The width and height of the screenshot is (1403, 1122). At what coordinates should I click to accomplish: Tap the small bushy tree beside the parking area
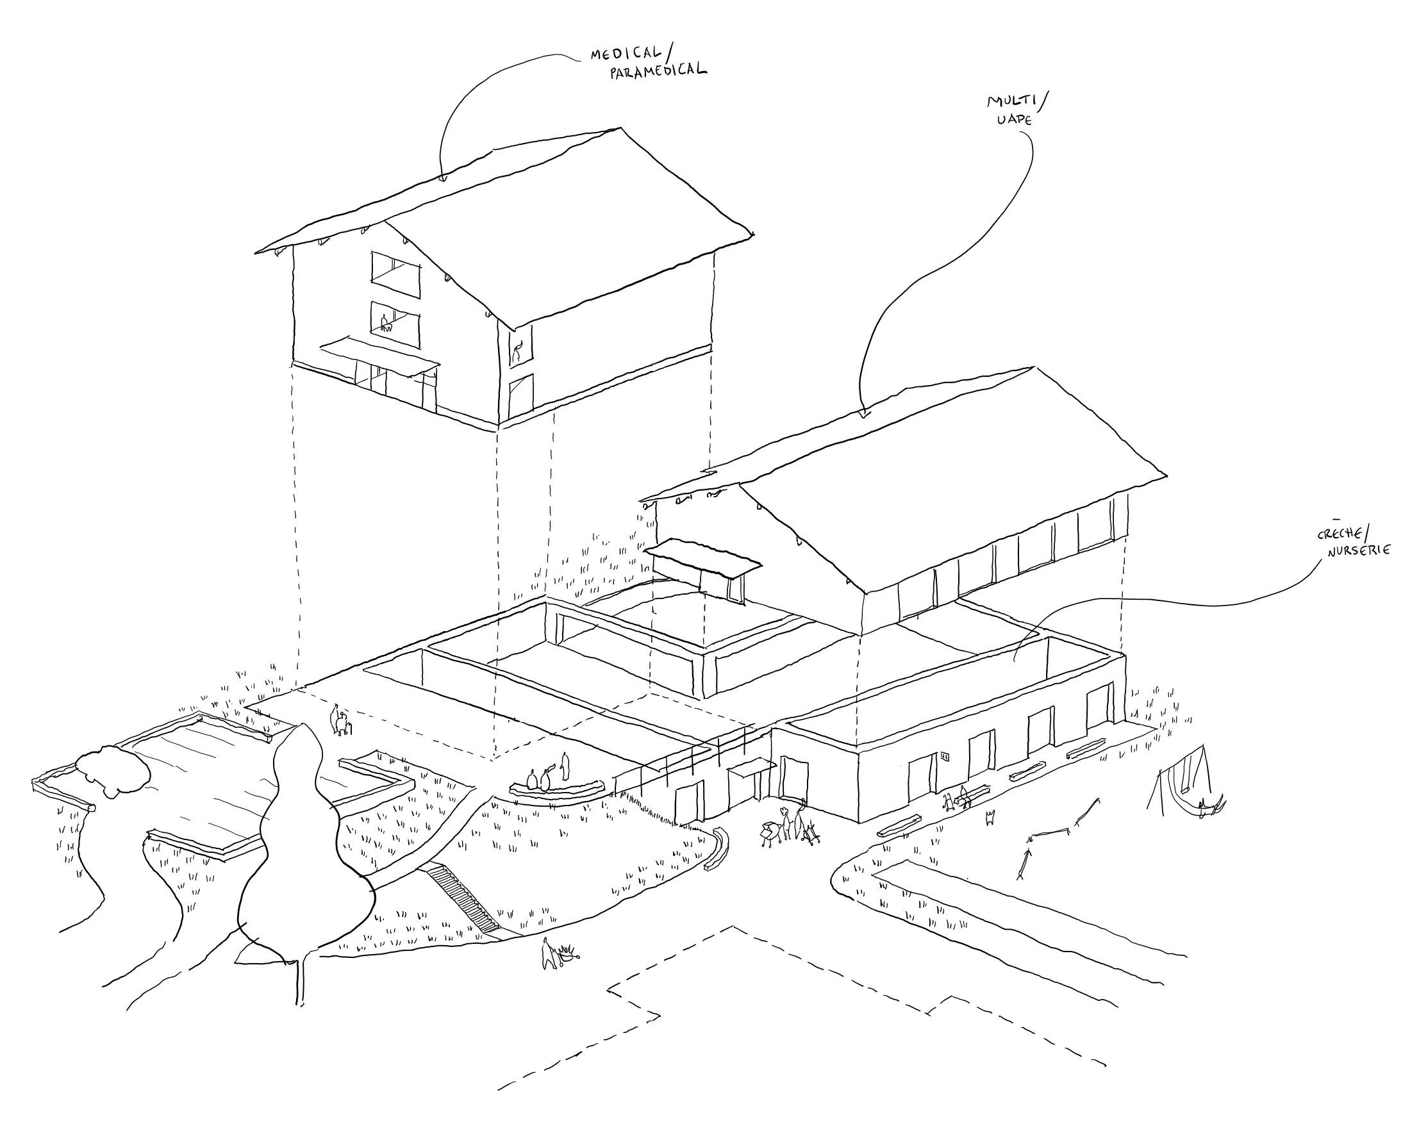[113, 771]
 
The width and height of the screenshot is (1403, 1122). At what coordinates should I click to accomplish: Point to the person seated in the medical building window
[385, 322]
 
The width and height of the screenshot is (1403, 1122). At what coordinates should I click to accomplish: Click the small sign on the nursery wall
[944, 756]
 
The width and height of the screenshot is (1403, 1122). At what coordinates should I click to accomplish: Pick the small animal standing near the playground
[991, 817]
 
